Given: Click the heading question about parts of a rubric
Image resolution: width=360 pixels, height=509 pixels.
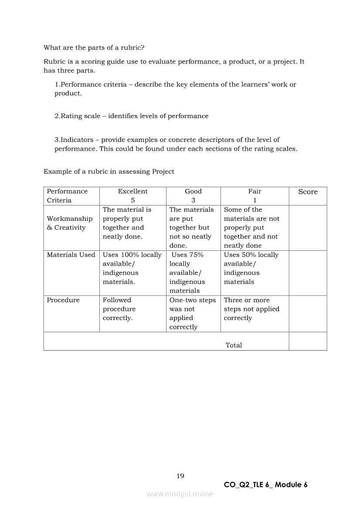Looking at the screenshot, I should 94,47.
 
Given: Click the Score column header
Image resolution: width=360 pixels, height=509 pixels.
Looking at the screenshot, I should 308,192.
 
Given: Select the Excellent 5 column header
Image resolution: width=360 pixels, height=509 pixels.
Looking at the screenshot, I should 132,196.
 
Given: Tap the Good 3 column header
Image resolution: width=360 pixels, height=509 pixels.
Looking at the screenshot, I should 193,196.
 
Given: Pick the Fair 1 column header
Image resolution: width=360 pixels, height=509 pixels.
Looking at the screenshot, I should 255,196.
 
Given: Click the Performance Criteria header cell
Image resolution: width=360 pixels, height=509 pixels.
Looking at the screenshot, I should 67,196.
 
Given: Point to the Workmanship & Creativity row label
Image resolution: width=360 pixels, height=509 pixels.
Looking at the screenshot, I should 70,223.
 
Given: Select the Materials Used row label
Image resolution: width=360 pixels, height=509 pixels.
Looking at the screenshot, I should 71,255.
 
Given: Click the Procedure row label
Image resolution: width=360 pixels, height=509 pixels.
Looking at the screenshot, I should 63,300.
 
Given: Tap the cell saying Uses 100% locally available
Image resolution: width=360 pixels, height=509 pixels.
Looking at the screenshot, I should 132,268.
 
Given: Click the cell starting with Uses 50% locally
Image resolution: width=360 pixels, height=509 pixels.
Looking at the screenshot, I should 251,268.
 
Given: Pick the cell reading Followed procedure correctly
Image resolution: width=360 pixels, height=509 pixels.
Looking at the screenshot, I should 119,309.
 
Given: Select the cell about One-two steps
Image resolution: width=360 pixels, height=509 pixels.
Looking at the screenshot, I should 192,313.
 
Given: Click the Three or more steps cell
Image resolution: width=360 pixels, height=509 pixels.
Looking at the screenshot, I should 251,309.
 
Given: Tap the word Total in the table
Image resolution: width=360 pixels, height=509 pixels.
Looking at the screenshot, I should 234,345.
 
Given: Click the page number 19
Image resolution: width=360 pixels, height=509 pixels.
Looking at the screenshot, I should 180,476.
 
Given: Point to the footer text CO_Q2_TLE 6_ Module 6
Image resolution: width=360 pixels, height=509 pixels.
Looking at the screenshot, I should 265,485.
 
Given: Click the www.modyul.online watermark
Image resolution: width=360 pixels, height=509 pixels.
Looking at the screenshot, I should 180,494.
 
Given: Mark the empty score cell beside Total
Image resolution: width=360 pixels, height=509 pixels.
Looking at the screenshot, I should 308,341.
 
